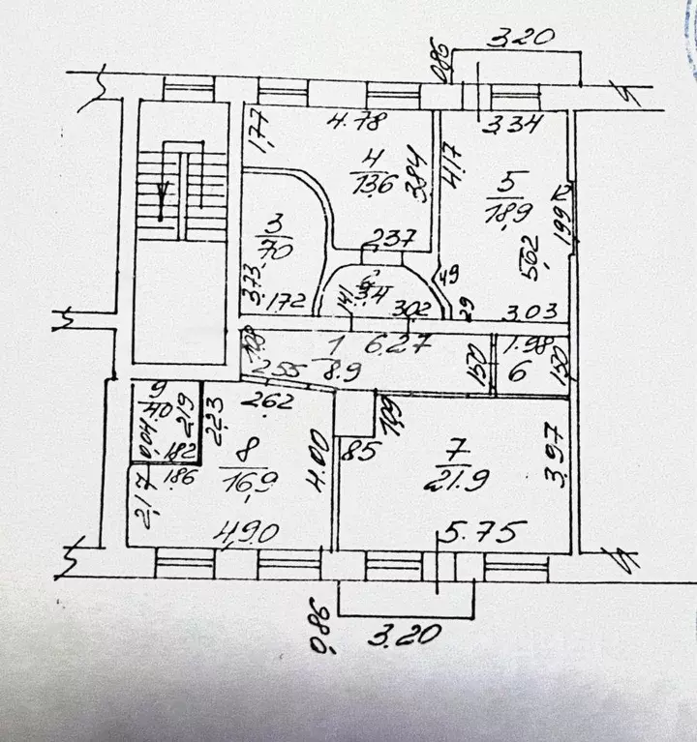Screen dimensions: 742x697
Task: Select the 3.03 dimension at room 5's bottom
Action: point(528,313)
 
